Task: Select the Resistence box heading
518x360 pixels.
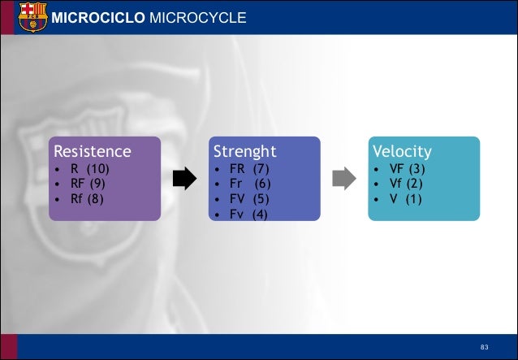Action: pyautogui.click(x=92, y=151)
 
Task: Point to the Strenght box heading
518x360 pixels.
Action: pyautogui.click(x=244, y=151)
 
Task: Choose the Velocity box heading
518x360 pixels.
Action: pyautogui.click(x=402, y=151)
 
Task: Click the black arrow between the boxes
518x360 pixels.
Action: pyautogui.click(x=185, y=179)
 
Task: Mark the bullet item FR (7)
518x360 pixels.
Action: pyautogui.click(x=248, y=169)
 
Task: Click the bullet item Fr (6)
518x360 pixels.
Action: pyautogui.click(x=249, y=184)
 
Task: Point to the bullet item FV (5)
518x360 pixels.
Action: pyautogui.click(x=248, y=199)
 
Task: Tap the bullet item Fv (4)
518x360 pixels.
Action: pyautogui.click(x=248, y=214)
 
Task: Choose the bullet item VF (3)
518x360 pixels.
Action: pyautogui.click(x=407, y=169)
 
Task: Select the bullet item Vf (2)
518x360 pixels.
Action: pyautogui.click(x=406, y=184)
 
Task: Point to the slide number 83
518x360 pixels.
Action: pyautogui.click(x=485, y=348)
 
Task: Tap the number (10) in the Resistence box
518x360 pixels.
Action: pyautogui.click(x=97, y=169)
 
